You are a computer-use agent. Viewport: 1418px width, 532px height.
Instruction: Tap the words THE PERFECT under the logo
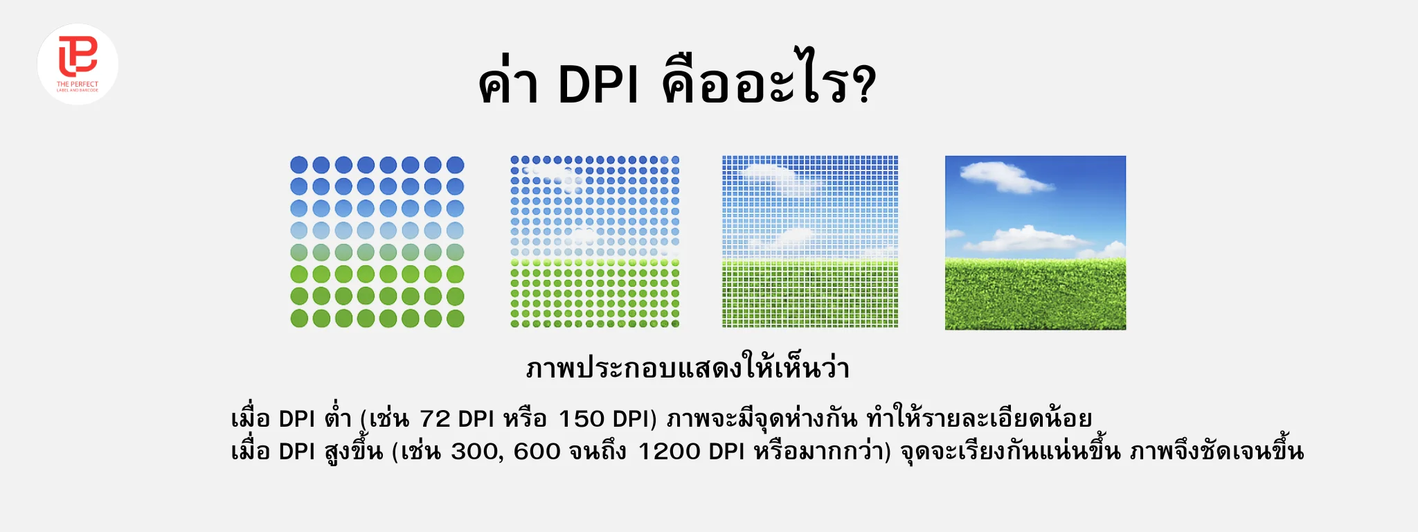tap(78, 85)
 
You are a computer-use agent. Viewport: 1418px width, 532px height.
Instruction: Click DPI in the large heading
tap(598, 86)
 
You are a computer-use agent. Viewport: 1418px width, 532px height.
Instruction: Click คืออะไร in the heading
tap(755, 85)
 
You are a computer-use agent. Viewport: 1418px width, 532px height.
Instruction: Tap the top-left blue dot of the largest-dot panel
tap(299, 165)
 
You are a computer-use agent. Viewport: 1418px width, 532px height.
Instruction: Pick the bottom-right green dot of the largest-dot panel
tap(455, 319)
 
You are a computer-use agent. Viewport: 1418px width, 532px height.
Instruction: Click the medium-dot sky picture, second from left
tap(595, 242)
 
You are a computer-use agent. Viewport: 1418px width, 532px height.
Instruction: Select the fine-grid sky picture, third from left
tap(810, 242)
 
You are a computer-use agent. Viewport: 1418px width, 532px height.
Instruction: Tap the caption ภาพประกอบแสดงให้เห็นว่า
tap(688, 369)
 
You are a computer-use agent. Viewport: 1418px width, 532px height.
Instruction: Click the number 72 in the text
tap(435, 419)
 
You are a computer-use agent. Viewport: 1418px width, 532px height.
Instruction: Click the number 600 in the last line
tap(537, 452)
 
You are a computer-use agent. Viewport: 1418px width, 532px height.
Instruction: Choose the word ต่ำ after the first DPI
tap(337, 418)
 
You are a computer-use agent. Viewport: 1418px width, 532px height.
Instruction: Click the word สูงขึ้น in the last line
tap(353, 452)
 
